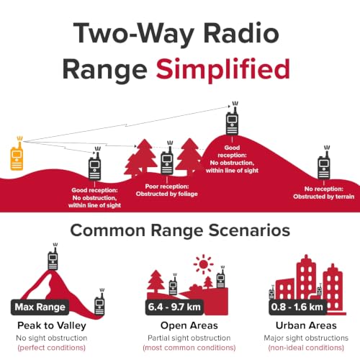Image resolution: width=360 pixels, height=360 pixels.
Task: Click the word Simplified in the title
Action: (x=223, y=70)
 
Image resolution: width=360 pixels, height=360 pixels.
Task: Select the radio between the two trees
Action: (x=167, y=158)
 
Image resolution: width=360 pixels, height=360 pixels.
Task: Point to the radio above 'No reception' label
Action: (x=324, y=163)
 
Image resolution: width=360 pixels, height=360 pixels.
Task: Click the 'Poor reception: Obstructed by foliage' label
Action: (x=167, y=190)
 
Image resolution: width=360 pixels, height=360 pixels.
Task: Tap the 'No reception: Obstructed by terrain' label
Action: (x=324, y=193)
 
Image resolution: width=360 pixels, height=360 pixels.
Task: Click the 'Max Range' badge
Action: (x=40, y=307)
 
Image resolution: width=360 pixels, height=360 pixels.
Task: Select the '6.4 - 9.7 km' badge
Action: (x=174, y=307)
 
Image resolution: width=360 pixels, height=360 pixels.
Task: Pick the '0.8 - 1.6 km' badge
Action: (x=297, y=307)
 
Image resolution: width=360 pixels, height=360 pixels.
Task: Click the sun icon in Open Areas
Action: (x=204, y=264)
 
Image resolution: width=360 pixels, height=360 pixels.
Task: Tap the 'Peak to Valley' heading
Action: (x=52, y=325)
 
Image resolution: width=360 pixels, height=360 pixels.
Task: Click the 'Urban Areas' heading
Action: (x=306, y=325)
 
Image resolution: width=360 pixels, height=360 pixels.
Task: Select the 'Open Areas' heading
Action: (x=189, y=325)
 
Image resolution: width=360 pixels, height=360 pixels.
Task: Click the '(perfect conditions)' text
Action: (x=52, y=348)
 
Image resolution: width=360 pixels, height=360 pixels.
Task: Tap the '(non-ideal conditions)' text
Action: (x=306, y=348)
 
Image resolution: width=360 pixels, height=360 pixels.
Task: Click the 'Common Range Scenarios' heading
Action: (x=180, y=230)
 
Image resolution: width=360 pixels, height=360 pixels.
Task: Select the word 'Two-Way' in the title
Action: (x=134, y=34)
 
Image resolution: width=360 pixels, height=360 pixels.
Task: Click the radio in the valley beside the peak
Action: (x=99, y=302)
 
